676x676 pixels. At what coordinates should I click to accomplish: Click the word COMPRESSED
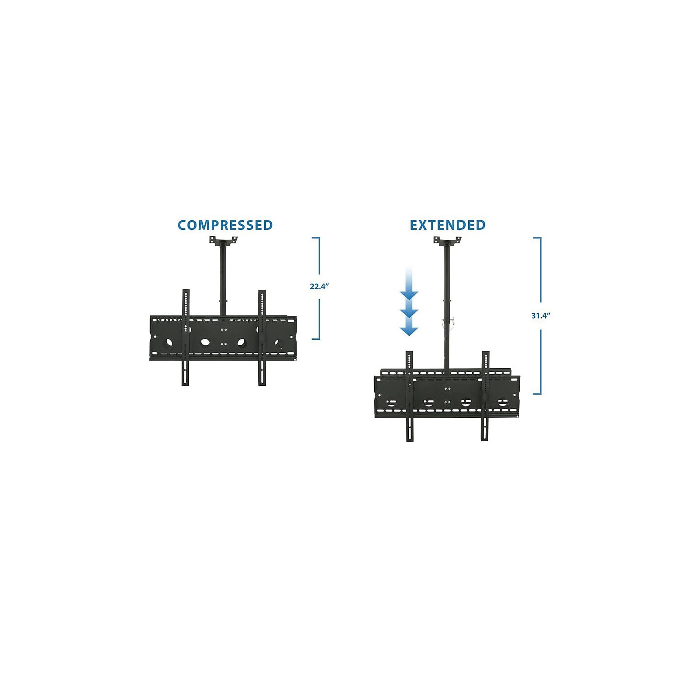pos(225,225)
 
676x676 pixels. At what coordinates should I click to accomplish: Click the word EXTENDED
pos(448,225)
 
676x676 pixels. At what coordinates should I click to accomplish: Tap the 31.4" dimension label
pos(540,315)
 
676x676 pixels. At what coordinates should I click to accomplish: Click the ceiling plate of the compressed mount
pos(223,241)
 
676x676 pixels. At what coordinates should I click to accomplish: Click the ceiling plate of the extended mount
pos(447,241)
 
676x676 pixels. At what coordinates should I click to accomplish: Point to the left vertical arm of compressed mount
pos(186,337)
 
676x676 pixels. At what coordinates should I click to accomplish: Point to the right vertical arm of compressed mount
pos(262,337)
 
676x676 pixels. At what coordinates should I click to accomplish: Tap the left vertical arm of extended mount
pos(410,396)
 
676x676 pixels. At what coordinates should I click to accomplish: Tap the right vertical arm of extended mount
pos(485,396)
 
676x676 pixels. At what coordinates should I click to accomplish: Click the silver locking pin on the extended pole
pos(449,322)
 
